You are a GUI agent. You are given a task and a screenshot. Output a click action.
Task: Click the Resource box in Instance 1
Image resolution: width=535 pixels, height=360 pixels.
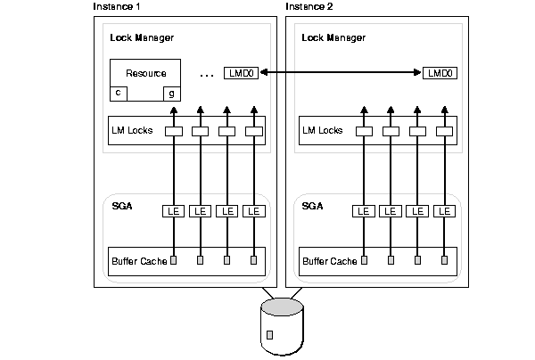coord(144,73)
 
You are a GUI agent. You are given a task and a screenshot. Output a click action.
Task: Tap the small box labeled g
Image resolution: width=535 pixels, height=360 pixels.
coord(171,93)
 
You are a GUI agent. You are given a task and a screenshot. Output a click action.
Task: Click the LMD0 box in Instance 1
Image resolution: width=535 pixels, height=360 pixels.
coord(242,73)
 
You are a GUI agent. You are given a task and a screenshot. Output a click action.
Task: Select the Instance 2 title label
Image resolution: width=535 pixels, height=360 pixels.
coord(309,6)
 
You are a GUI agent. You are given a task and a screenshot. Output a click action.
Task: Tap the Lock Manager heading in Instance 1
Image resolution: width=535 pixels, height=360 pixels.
coord(142,37)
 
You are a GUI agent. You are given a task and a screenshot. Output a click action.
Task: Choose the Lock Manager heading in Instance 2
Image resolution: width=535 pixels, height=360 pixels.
coord(334,37)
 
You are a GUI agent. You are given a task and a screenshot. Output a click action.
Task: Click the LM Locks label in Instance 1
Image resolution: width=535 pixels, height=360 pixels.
coord(132,131)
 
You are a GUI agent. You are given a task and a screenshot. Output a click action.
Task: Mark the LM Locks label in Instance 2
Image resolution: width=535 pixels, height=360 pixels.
coord(323,131)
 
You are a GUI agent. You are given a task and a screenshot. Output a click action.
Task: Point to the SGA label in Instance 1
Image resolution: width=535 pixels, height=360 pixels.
coord(121,206)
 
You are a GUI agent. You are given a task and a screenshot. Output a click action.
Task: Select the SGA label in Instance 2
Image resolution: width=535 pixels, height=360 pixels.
coord(313,206)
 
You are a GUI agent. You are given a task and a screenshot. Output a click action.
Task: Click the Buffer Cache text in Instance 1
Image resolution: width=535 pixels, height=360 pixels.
coord(139,261)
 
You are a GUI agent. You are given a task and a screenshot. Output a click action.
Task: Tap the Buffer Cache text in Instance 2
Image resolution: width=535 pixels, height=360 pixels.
coord(330,261)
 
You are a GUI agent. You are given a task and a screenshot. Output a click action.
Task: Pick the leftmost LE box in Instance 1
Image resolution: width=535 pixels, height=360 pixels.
coord(174,211)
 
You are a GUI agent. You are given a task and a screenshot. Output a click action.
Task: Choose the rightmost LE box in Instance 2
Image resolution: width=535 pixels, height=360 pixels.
coord(444,211)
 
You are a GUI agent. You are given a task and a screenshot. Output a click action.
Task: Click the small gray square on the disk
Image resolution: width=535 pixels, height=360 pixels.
coord(270,334)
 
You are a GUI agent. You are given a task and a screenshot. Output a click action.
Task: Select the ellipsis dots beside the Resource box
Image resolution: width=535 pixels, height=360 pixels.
coord(207,75)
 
